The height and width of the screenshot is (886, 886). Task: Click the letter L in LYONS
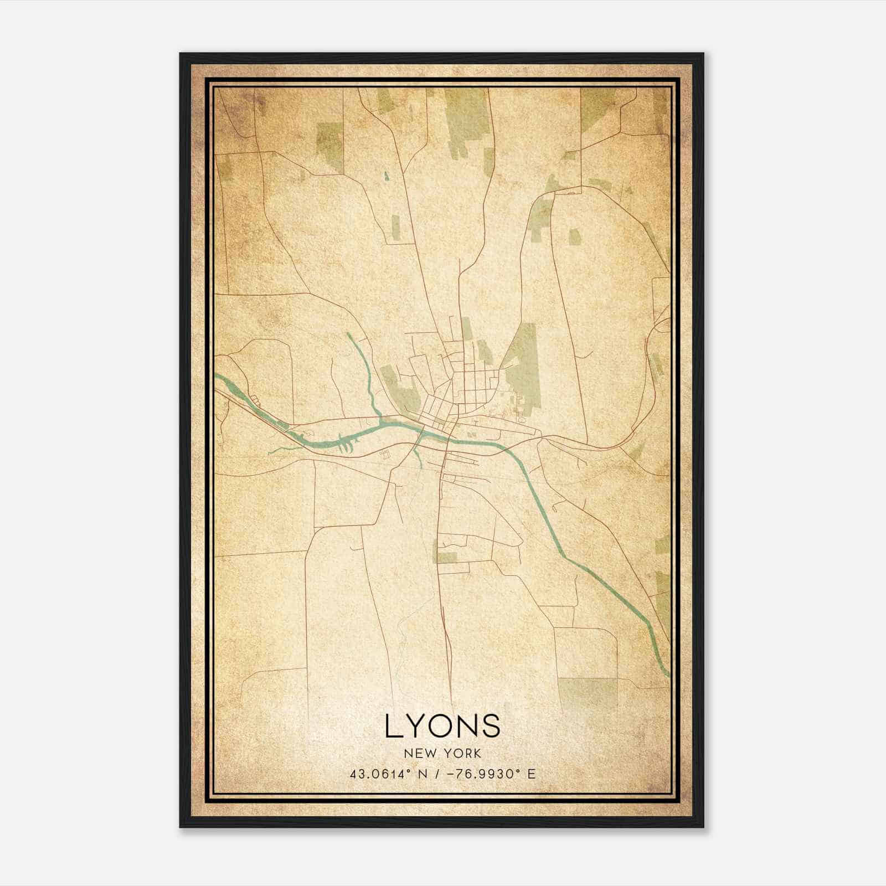pyautogui.click(x=394, y=726)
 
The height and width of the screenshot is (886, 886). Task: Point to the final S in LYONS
pyautogui.click(x=492, y=726)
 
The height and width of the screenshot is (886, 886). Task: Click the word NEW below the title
pyautogui.click(x=415, y=753)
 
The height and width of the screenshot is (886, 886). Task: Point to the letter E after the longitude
pyautogui.click(x=532, y=774)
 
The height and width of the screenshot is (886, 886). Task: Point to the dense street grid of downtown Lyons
pyautogui.click(x=465, y=388)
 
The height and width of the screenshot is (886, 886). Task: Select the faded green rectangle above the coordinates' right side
pyautogui.click(x=587, y=692)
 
